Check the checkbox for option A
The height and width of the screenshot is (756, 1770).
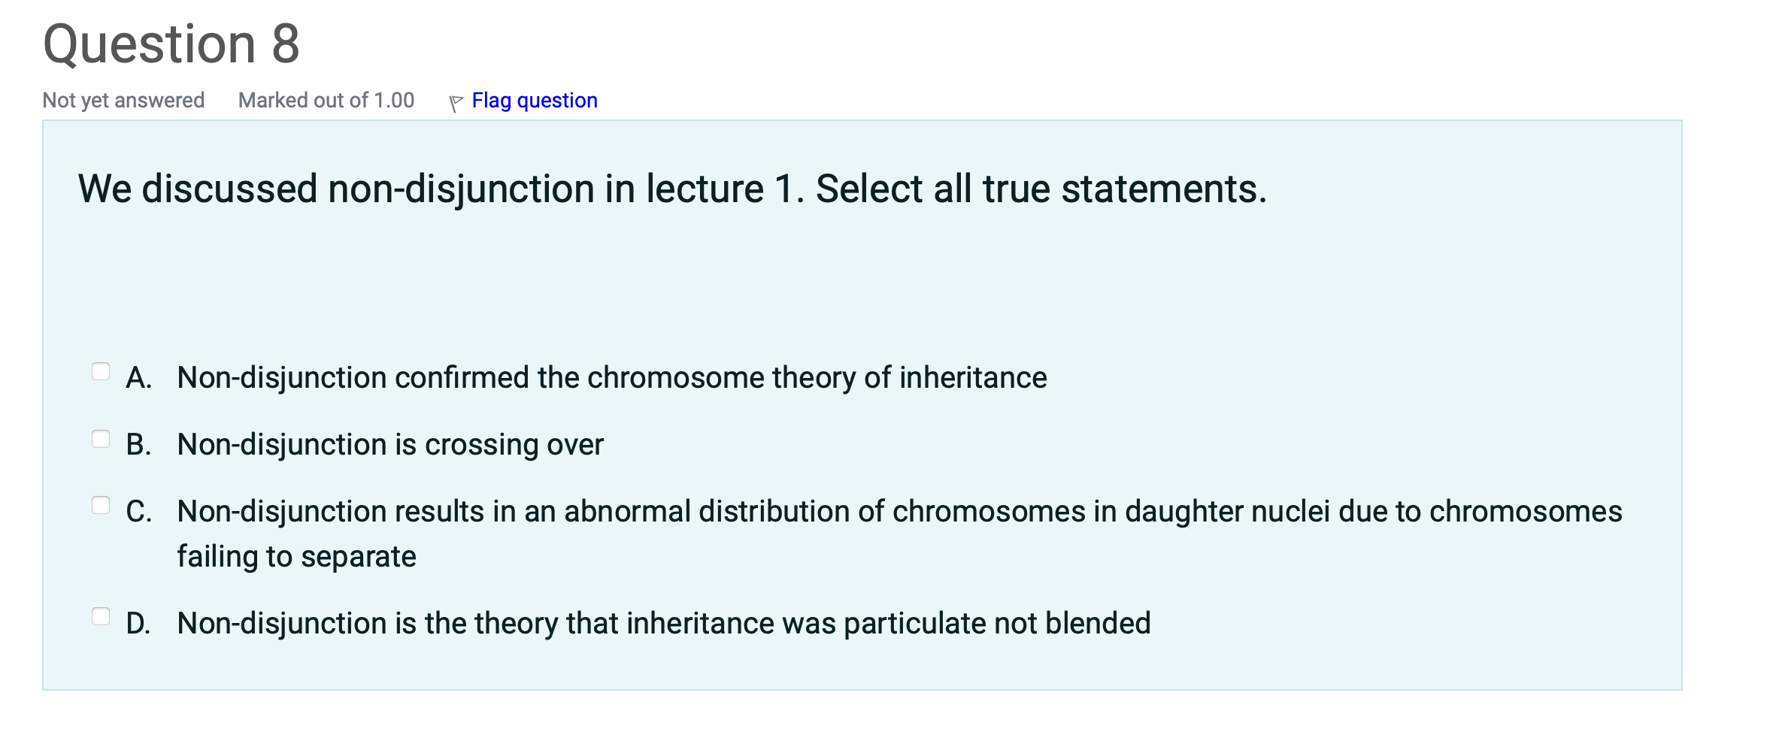[x=101, y=371]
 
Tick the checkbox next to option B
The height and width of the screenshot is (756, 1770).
[x=101, y=439]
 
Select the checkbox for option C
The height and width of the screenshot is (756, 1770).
[x=101, y=505]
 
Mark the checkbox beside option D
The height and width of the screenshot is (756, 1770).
[x=101, y=616]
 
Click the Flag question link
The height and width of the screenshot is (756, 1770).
[x=534, y=100]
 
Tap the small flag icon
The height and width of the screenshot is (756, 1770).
[x=456, y=103]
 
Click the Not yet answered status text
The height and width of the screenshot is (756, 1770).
[x=123, y=100]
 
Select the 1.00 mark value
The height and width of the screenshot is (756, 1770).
[x=394, y=100]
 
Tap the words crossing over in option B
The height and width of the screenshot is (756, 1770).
[x=514, y=445]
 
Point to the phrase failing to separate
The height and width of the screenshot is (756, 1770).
[x=296, y=557]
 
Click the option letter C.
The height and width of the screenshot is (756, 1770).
[x=138, y=512]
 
